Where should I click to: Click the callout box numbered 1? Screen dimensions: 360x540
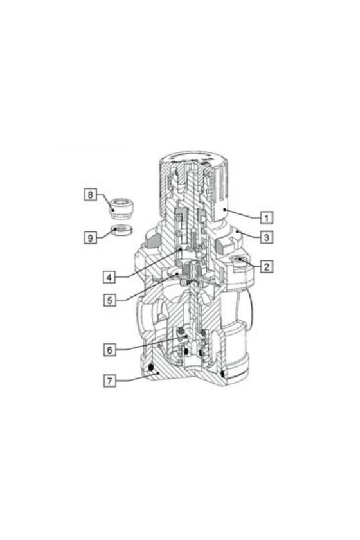[266, 218]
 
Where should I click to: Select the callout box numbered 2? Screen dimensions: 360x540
[266, 266]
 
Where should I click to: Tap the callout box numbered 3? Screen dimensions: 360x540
[266, 237]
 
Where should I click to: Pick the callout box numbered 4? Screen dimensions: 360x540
[109, 277]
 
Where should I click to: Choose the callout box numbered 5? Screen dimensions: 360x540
[109, 300]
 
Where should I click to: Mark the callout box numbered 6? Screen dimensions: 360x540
[109, 350]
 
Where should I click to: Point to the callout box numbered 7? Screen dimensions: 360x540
[109, 381]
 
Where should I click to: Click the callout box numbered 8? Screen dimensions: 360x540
[90, 195]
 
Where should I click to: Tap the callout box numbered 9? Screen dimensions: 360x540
[90, 238]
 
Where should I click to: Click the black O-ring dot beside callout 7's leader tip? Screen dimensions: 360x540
[151, 368]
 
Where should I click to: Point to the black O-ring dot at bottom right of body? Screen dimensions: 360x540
[223, 373]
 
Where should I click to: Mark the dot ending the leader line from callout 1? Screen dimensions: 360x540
[224, 209]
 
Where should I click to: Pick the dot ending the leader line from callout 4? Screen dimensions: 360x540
[180, 248]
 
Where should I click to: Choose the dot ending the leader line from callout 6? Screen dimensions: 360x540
[185, 335]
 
